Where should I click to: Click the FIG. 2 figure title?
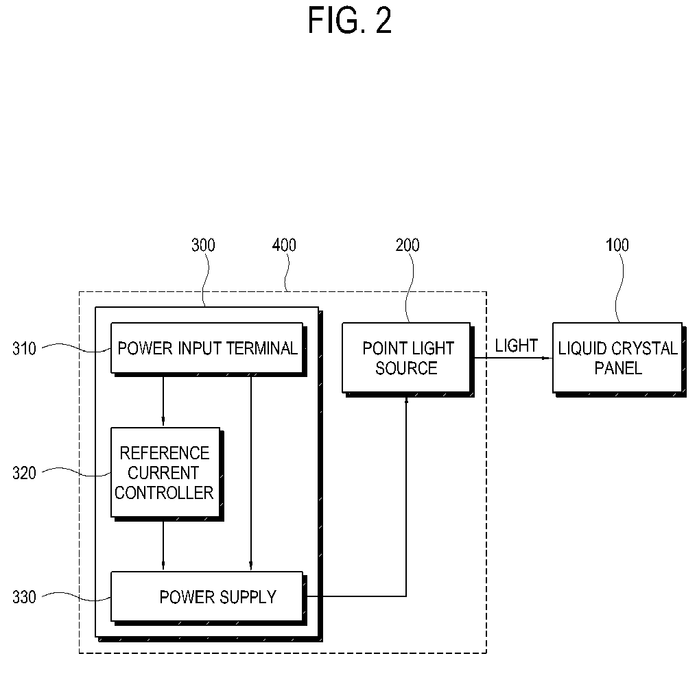(349, 21)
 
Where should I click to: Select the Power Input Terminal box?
(207, 348)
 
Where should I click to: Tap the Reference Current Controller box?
(165, 472)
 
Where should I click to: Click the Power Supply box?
(207, 596)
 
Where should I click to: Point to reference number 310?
(24, 349)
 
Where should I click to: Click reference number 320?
(24, 473)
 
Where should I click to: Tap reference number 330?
(24, 597)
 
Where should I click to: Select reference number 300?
(203, 245)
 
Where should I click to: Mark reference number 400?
(284, 245)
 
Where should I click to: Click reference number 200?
(407, 245)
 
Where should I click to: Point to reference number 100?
(617, 245)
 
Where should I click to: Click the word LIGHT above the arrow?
(516, 345)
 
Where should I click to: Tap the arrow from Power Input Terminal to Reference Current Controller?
(163, 400)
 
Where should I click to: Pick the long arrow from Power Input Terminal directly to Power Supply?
(251, 472)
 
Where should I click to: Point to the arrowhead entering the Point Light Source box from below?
(406, 400)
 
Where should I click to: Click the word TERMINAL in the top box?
(262, 348)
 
